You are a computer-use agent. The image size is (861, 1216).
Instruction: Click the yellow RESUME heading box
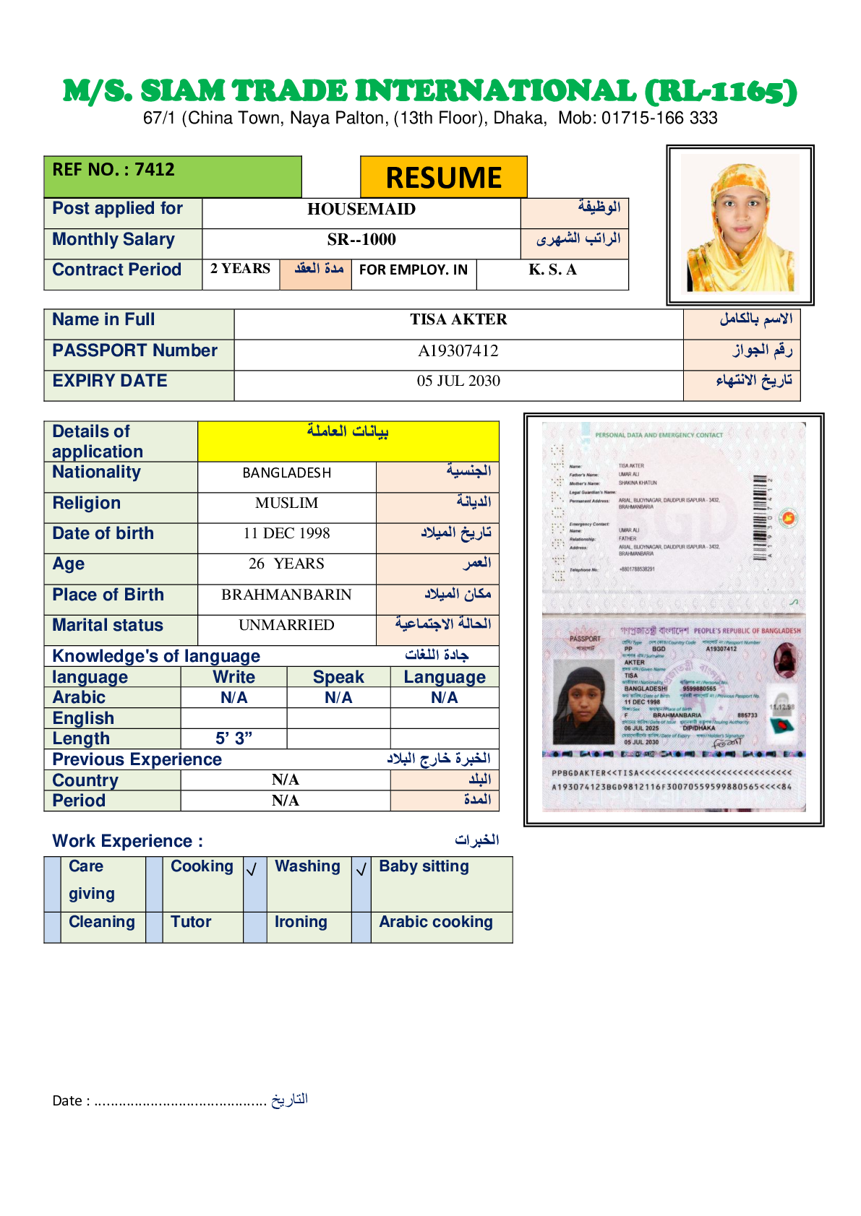coord(443,177)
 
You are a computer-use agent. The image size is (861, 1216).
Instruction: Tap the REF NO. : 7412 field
coord(113,170)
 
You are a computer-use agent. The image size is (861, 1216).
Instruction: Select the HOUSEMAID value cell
coord(361,210)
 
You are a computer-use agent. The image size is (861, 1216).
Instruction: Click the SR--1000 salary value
coord(361,240)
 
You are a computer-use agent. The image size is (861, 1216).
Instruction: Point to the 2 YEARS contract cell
coord(240,269)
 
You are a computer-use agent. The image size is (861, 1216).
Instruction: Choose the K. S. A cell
coord(552,270)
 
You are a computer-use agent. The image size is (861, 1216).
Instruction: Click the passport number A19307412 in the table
coord(458,351)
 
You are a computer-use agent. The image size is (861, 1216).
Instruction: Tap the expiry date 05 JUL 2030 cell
coord(458,381)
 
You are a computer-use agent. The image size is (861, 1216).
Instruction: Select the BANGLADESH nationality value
coord(286,473)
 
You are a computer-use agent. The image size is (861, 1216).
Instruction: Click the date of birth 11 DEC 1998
coord(286,534)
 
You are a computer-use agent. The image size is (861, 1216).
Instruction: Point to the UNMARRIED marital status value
coord(286,625)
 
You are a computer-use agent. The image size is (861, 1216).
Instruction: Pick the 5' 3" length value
coord(234,738)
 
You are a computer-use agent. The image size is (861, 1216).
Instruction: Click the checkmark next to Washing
coord(252,870)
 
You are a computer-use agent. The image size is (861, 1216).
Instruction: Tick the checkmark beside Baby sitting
coord(361,870)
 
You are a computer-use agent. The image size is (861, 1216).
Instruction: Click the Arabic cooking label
coord(435,922)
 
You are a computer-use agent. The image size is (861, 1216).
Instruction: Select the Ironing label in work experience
coord(301,922)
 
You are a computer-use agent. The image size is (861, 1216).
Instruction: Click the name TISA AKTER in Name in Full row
coord(458,319)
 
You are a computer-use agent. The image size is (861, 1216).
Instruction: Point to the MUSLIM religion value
coord(286,503)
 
